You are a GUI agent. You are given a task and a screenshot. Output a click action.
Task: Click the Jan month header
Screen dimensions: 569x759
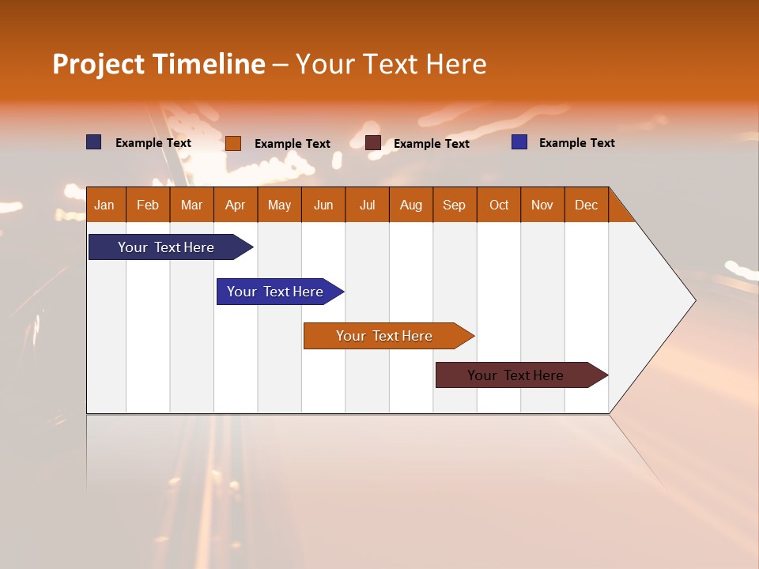105,205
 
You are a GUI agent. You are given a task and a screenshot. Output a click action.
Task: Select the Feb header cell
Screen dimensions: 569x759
148,205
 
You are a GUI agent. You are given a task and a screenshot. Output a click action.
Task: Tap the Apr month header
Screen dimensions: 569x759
236,205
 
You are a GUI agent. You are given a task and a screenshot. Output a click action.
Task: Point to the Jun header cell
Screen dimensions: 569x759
323,205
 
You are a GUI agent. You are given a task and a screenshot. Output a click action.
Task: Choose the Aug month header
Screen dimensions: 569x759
411,205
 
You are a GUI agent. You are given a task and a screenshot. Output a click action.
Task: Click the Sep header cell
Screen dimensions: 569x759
455,205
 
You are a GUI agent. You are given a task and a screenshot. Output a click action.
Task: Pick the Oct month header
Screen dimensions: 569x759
499,205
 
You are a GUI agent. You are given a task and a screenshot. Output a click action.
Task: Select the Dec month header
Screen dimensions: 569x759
587,205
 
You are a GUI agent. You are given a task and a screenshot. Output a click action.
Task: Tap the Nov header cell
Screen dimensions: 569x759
542,205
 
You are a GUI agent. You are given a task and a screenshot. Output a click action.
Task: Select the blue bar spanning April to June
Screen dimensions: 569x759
277,292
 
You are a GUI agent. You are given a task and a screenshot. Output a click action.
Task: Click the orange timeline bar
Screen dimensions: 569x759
386,336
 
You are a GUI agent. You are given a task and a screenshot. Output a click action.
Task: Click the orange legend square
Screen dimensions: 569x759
233,143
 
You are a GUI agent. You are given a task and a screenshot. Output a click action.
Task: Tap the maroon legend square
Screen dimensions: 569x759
373,143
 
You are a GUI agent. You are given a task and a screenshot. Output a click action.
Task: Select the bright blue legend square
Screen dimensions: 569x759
519,142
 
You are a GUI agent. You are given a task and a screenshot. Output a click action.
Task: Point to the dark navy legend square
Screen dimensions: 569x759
94,142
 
